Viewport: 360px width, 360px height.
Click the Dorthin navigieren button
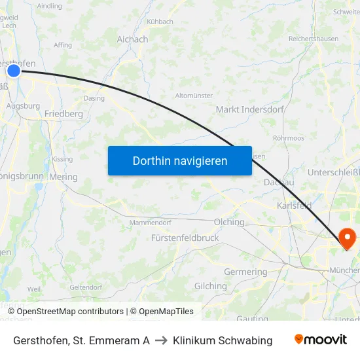click(179, 160)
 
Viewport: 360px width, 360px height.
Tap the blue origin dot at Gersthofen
click(14, 70)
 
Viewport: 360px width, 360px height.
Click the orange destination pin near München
click(347, 238)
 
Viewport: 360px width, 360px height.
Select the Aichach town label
click(132, 39)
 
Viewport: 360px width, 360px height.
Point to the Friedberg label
click(63, 114)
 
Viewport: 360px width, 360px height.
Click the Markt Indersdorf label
click(249, 109)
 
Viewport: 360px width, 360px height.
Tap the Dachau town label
click(278, 183)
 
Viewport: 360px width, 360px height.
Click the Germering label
click(245, 272)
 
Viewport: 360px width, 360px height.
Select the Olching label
click(229, 222)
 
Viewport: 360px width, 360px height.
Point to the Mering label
click(63, 177)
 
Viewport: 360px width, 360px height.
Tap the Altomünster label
click(194, 96)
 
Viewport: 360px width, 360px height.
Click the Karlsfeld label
click(294, 206)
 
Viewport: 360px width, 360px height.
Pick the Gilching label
click(210, 286)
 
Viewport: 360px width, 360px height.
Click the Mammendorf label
click(150, 223)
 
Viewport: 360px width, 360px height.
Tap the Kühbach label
click(160, 22)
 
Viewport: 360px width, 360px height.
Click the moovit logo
click(321, 340)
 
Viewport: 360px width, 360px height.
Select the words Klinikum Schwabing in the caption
click(223, 340)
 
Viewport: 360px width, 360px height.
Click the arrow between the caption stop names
click(161, 340)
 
